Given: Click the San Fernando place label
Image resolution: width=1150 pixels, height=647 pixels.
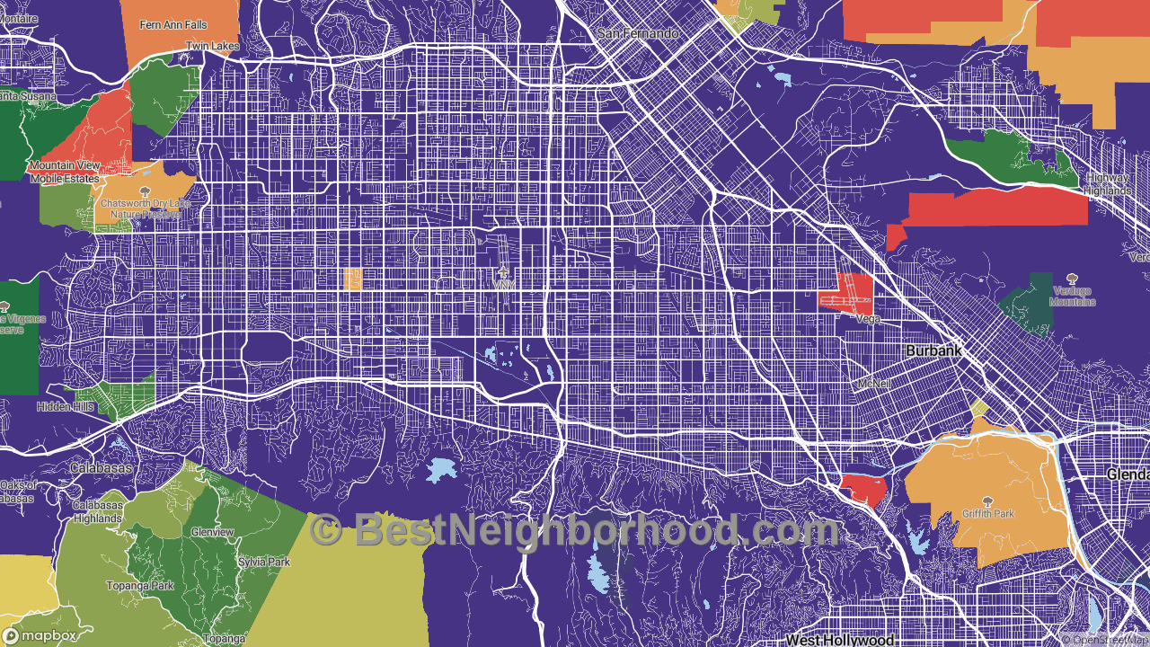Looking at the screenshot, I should pyautogui.click(x=638, y=33).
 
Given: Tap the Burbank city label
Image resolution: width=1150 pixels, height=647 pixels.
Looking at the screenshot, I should pyautogui.click(x=933, y=350).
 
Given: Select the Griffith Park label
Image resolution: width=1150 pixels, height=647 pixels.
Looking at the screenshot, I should pyautogui.click(x=987, y=514).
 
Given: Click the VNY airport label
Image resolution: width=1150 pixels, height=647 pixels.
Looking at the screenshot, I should pyautogui.click(x=502, y=284).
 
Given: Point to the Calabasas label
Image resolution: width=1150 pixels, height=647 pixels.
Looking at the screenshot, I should pyautogui.click(x=101, y=468).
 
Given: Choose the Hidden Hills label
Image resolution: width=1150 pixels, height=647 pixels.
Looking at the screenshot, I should pyautogui.click(x=65, y=407).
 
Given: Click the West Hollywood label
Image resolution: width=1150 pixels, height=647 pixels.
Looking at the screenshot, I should pyautogui.click(x=839, y=640).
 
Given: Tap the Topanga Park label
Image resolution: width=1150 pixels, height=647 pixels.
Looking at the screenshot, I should pyautogui.click(x=139, y=586).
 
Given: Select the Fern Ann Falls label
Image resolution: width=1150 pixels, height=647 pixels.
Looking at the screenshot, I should pyautogui.click(x=172, y=25).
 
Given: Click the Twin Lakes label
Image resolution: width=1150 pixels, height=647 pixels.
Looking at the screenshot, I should pyautogui.click(x=213, y=46).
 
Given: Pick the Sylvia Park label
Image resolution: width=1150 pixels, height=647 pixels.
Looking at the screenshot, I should pyautogui.click(x=264, y=562).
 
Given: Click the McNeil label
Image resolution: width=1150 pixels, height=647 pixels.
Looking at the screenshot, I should pyautogui.click(x=874, y=384).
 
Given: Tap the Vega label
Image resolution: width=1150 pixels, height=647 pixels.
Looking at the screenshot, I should pyautogui.click(x=867, y=319).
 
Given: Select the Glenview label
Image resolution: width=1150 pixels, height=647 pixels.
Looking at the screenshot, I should pyautogui.click(x=212, y=532).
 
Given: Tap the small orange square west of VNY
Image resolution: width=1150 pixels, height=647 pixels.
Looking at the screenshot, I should pyautogui.click(x=353, y=279).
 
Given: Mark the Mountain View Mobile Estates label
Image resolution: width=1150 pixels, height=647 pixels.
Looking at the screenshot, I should pyautogui.click(x=65, y=171).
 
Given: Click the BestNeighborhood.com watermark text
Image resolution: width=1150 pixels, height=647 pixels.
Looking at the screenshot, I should pyautogui.click(x=575, y=530).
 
